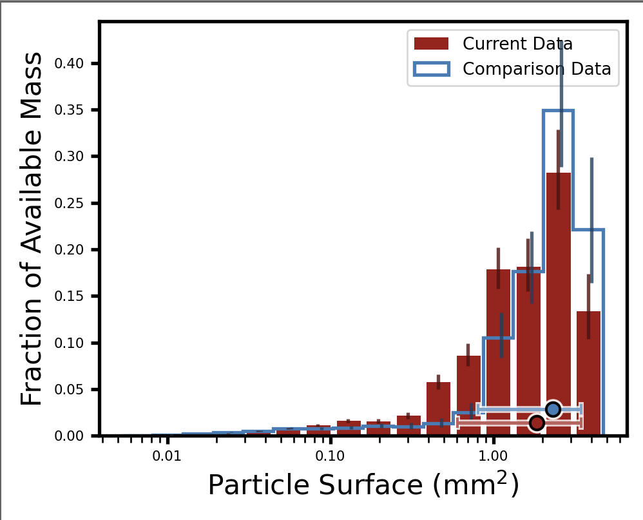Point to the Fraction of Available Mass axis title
[x=32, y=229]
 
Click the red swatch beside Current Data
[x=431, y=44]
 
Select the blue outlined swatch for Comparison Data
[x=431, y=69]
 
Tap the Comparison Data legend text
[x=537, y=69]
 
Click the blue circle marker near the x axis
[x=553, y=409]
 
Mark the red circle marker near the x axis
[x=537, y=423]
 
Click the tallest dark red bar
[x=559, y=303]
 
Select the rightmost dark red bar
[x=588, y=374]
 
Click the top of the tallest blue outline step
[x=558, y=111]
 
